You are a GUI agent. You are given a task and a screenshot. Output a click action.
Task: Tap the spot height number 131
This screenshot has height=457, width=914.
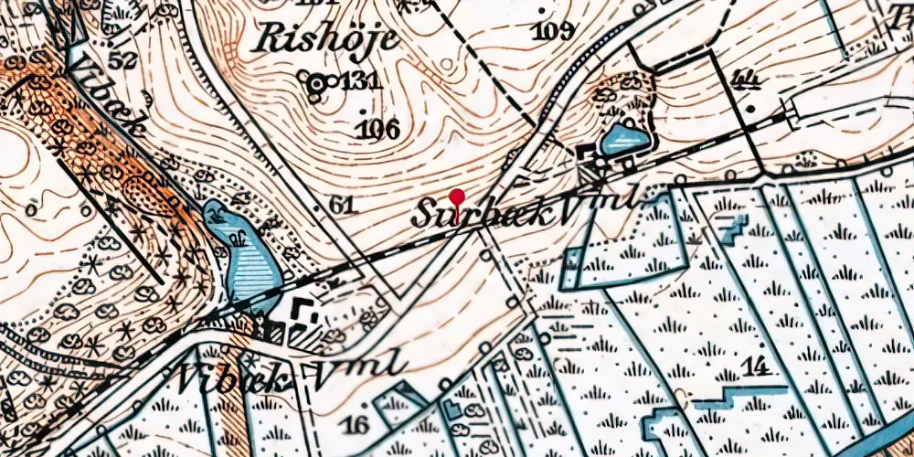(359, 82)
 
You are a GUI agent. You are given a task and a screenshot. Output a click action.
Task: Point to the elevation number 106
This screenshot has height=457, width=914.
(379, 128)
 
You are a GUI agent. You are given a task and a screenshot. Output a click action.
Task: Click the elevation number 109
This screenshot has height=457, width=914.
(555, 31)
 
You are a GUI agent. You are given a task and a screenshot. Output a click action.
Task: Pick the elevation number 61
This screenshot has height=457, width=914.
(342, 206)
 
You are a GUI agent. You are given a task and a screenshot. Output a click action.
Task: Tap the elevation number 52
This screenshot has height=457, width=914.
(122, 60)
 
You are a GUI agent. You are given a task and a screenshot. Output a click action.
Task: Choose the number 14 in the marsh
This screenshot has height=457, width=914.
(755, 368)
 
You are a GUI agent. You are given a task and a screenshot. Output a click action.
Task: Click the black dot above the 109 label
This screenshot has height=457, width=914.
(546, 11)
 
